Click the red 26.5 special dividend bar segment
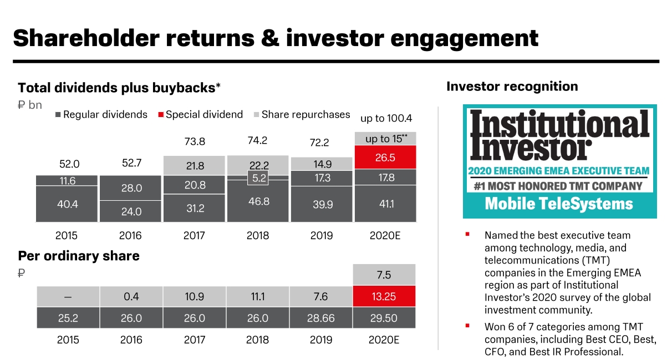pos(385,158)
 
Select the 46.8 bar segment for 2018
pos(258,201)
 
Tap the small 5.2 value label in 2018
pos(258,179)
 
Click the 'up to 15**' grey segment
pos(385,139)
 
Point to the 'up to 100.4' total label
pos(386,118)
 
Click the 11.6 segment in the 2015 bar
pos(67,181)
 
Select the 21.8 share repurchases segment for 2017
pos(195,166)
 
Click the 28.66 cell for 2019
pos(322,318)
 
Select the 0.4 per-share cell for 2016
pos(131,296)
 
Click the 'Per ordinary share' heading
pos(79,256)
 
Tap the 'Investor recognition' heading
pos(512,87)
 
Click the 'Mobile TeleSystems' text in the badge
pos(559,204)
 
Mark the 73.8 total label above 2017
pos(195,141)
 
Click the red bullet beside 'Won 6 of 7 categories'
pos(467,326)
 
